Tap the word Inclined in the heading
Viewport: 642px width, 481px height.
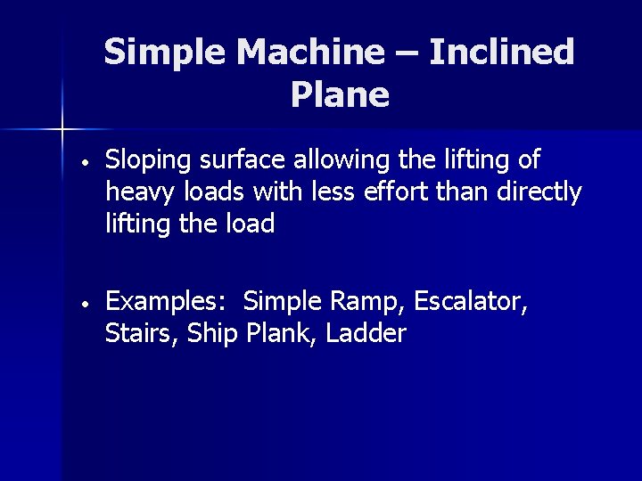[x=501, y=53]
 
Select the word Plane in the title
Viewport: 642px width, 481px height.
[x=340, y=94]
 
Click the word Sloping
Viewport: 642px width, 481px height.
[x=145, y=161]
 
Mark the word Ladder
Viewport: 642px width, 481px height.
[x=366, y=334]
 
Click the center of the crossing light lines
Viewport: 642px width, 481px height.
[x=62, y=130]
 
